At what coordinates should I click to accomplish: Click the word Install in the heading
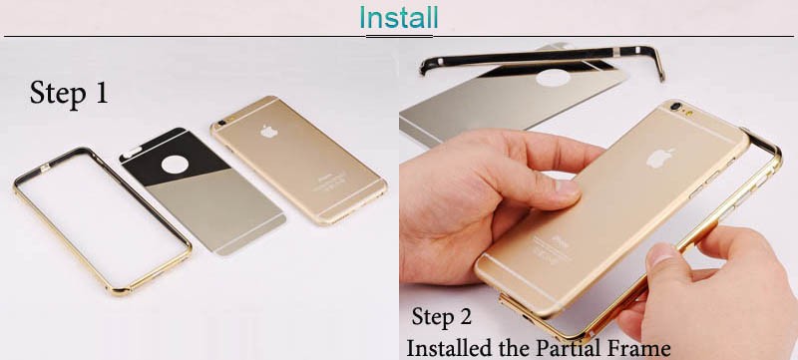(398, 17)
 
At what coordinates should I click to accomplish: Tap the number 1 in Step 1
(101, 93)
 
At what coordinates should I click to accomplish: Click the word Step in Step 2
(431, 317)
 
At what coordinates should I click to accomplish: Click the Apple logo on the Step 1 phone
(269, 132)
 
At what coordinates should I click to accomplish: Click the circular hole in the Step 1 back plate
(175, 165)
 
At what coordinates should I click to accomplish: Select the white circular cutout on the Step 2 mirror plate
(553, 78)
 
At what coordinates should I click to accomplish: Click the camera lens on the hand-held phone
(676, 107)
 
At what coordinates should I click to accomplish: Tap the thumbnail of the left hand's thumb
(568, 188)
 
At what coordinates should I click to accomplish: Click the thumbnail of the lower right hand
(662, 254)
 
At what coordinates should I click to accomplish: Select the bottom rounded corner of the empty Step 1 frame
(119, 290)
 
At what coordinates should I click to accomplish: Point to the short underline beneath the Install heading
(399, 37)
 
